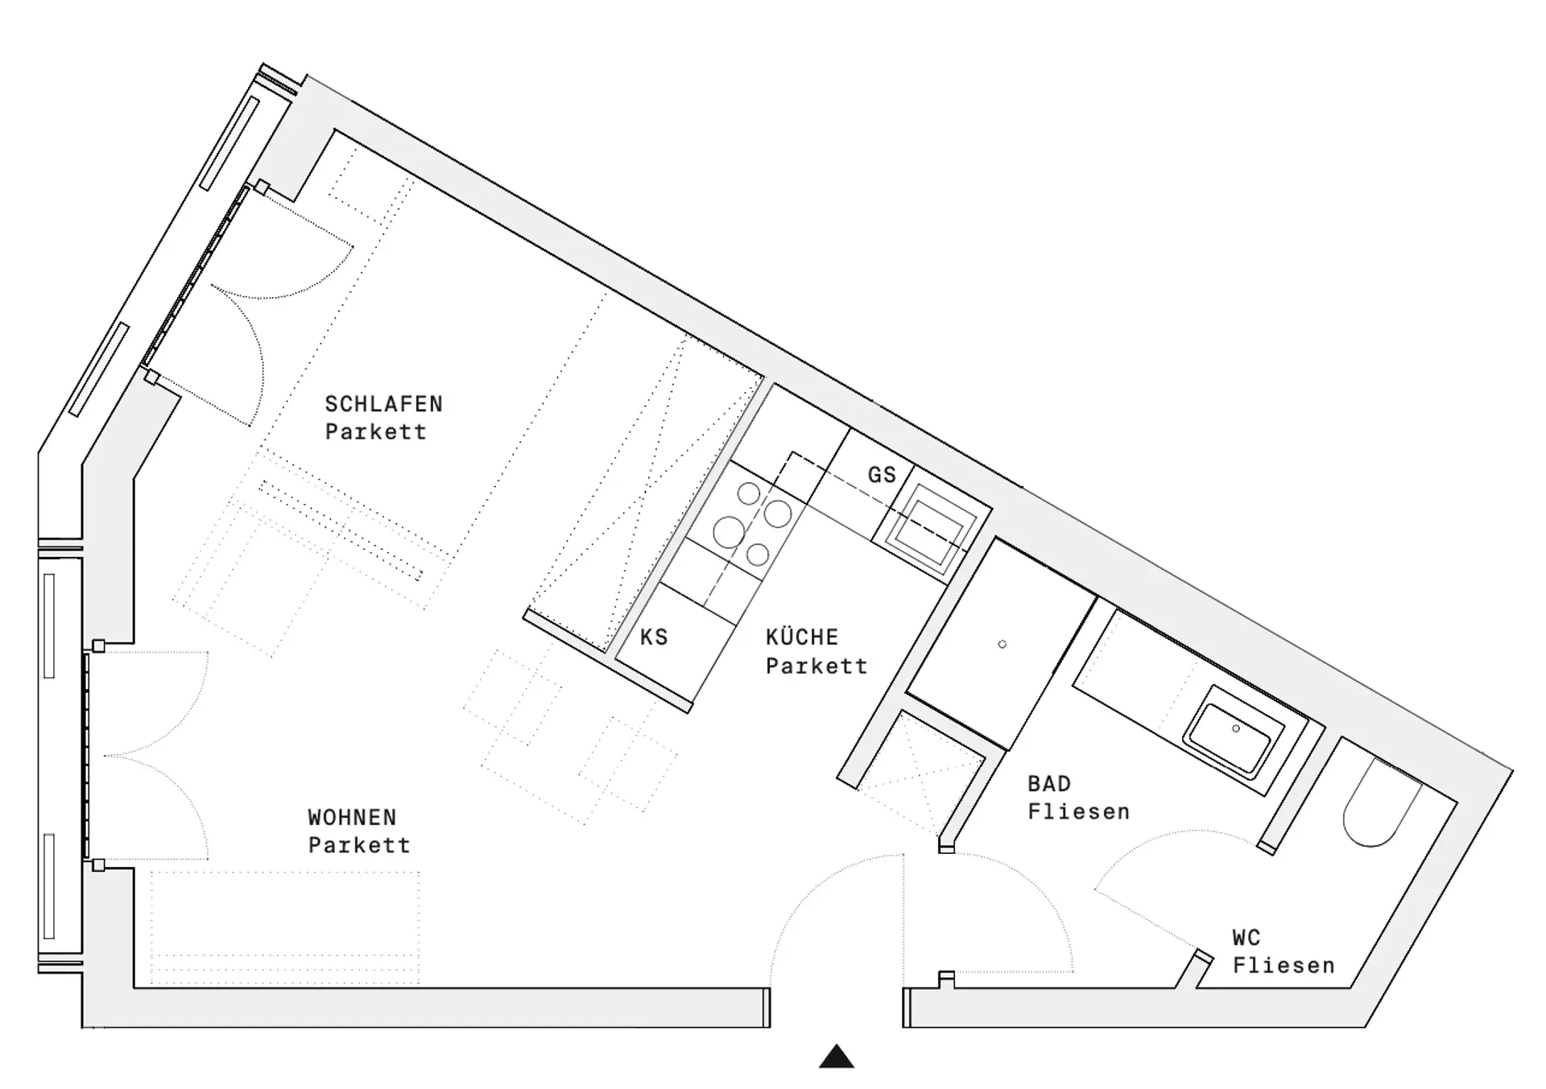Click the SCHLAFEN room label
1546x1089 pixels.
pyautogui.click(x=383, y=404)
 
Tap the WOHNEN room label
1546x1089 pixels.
pyautogui.click(x=352, y=818)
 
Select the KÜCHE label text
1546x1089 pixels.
pyautogui.click(x=802, y=637)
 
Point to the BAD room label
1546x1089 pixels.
pyautogui.click(x=1049, y=784)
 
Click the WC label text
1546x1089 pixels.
pyautogui.click(x=1246, y=938)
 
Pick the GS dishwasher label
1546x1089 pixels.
pyautogui.click(x=882, y=475)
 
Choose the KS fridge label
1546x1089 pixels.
pyautogui.click(x=654, y=637)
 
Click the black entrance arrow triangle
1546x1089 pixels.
pyautogui.click(x=837, y=1056)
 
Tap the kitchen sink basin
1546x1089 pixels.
pyautogui.click(x=931, y=530)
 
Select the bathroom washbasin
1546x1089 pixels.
pyautogui.click(x=1233, y=732)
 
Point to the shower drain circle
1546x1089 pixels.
pyautogui.click(x=1002, y=644)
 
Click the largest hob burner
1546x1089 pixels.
pyautogui.click(x=729, y=532)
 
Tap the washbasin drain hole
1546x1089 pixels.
pyautogui.click(x=1236, y=728)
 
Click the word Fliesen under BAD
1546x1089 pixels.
pyautogui.click(x=1079, y=812)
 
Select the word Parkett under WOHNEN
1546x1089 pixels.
pyautogui.click(x=359, y=846)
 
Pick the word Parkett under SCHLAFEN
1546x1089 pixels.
pyautogui.click(x=375, y=432)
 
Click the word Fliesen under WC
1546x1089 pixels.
pyautogui.click(x=1284, y=966)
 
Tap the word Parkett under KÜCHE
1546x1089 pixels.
pyautogui.click(x=816, y=666)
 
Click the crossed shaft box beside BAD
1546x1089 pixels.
pyautogui.click(x=920, y=773)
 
